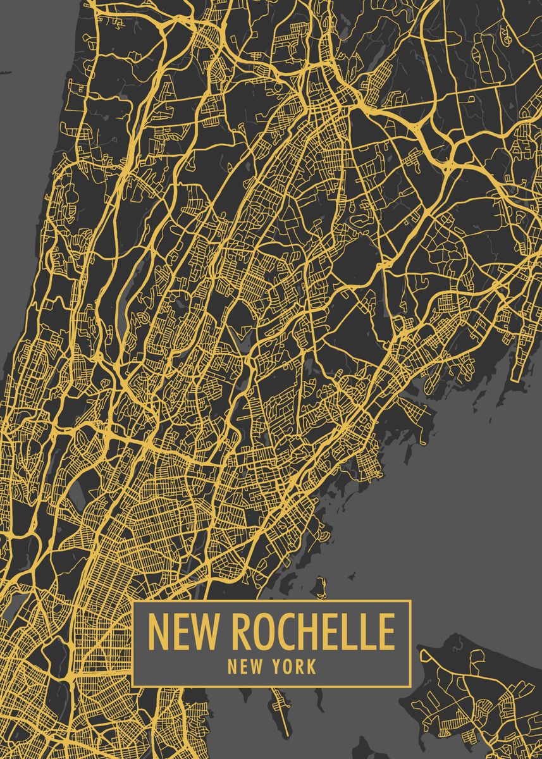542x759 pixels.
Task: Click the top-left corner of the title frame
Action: coord(133,602)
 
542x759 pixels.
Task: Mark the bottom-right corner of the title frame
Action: coord(410,685)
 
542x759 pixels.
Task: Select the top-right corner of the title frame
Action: coord(410,602)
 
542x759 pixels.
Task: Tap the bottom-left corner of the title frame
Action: coord(133,685)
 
